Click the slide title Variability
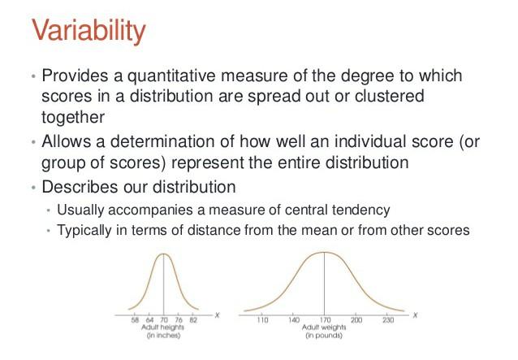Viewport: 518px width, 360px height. (88, 31)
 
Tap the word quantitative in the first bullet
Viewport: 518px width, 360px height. (172, 76)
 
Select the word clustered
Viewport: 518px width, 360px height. (390, 96)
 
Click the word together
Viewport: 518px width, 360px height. (73, 117)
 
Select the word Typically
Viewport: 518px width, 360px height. (84, 231)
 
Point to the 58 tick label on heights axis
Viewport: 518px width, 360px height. (135, 320)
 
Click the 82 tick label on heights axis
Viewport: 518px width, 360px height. (193, 320)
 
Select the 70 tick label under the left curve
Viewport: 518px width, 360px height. (164, 320)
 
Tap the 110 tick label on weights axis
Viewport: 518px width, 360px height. (262, 320)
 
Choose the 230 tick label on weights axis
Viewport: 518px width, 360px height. (388, 320)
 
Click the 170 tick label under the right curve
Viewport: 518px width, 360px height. (325, 320)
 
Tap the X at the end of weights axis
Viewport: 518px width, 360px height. (415, 315)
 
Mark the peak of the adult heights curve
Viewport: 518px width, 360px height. (163, 254)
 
